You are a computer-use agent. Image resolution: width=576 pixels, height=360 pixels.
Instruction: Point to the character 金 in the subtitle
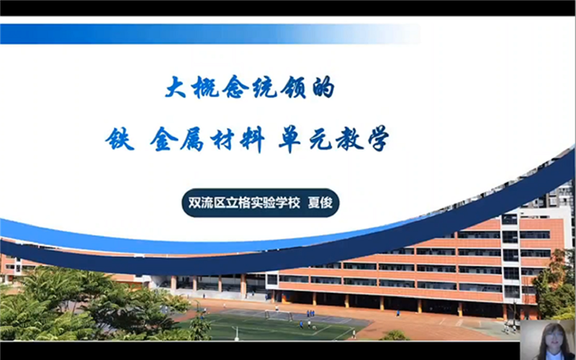tap(165, 138)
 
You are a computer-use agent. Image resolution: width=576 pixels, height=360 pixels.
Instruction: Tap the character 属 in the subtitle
tap(193, 138)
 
